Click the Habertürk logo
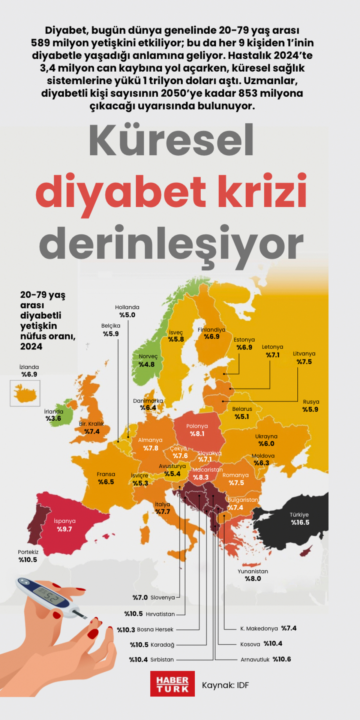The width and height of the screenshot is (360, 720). [x=172, y=684]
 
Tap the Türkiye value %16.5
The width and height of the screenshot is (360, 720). [x=300, y=522]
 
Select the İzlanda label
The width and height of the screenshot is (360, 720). [x=29, y=367]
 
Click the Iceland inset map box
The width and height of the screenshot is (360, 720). [x=25, y=393]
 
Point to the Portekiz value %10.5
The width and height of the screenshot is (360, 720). [x=28, y=559]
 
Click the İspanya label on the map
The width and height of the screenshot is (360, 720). [x=64, y=521]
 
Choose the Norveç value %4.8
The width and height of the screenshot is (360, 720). [x=147, y=364]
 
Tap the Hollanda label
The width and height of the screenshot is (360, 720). [x=127, y=307]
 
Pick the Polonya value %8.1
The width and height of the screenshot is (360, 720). [x=197, y=434]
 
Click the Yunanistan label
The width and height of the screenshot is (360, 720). [x=253, y=571]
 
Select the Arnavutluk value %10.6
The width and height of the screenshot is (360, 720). [x=282, y=659]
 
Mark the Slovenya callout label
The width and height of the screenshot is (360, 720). [x=163, y=597]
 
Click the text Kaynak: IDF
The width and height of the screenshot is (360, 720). [x=225, y=685]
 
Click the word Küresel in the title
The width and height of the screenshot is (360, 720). [x=171, y=140]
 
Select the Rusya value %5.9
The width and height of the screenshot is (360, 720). [x=310, y=409]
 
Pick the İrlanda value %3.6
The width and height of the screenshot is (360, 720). [x=53, y=418]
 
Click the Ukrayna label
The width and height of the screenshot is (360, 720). [x=266, y=436]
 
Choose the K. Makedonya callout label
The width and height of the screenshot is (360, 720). [x=259, y=628]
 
